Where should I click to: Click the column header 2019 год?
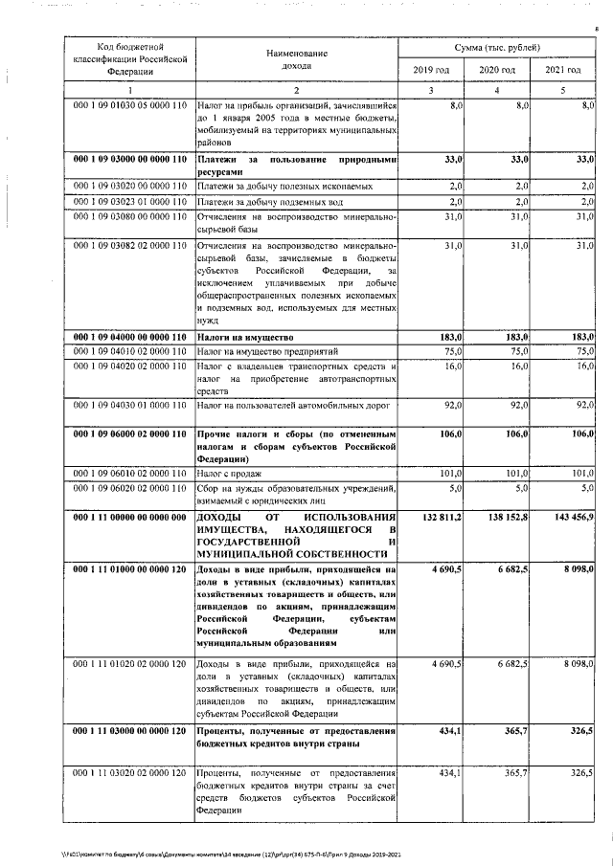click(x=430, y=71)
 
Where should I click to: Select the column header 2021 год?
click(x=562, y=71)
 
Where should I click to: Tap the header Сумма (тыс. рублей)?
click(x=496, y=47)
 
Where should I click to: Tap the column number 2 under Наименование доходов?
click(x=297, y=90)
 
